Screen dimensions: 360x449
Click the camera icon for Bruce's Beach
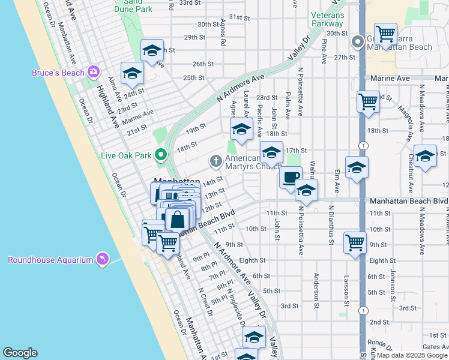click(x=93, y=73)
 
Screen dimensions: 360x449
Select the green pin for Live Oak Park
click(x=160, y=155)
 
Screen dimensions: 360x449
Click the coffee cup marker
click(x=291, y=178)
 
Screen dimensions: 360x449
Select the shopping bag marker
click(x=178, y=220)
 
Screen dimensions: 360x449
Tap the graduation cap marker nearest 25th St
click(x=132, y=73)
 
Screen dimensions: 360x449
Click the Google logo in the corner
click(x=20, y=353)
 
